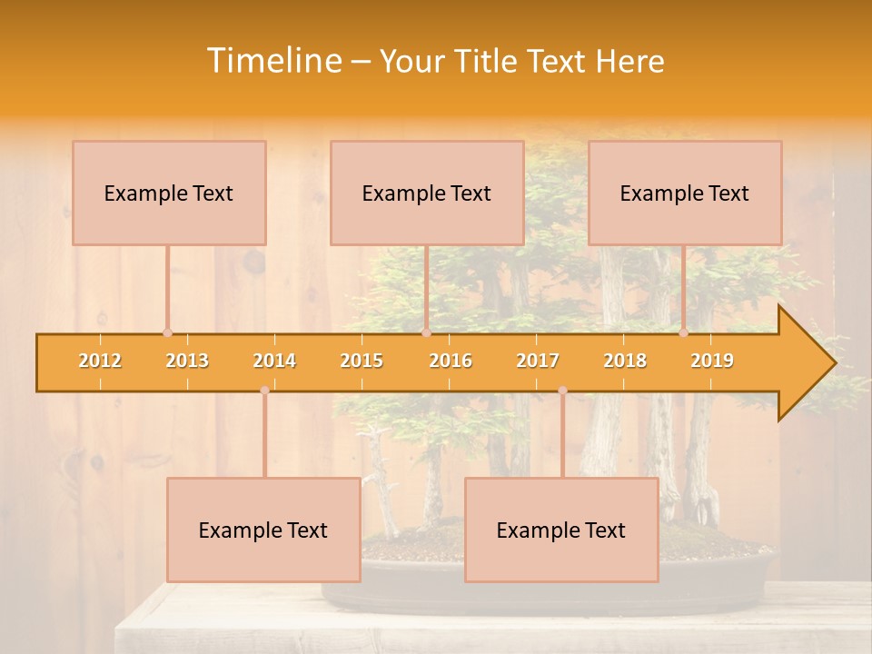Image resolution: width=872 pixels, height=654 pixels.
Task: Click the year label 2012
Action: (100, 362)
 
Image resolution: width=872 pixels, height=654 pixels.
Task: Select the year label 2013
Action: (187, 362)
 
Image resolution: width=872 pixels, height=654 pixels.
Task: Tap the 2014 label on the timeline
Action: (274, 362)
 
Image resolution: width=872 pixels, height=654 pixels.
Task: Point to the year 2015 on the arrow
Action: (362, 362)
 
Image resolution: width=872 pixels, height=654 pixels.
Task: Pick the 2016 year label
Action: (451, 362)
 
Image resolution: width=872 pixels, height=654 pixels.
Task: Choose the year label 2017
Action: (538, 362)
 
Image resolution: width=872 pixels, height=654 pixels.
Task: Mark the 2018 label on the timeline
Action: (625, 362)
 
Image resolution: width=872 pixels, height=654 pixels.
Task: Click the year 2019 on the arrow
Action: (712, 362)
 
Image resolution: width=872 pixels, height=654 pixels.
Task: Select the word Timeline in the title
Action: (272, 61)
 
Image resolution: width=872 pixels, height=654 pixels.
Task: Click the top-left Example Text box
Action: (169, 193)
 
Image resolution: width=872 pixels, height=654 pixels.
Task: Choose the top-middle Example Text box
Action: (427, 193)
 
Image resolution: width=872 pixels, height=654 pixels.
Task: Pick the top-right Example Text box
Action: (685, 193)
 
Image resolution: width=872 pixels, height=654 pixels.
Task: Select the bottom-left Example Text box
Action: (263, 530)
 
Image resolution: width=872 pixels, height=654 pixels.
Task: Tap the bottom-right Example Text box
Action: (561, 530)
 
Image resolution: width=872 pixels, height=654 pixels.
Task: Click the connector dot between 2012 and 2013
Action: (167, 333)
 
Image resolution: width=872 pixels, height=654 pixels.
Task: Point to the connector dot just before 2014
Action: (264, 390)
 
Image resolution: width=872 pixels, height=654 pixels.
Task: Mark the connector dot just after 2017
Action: (562, 390)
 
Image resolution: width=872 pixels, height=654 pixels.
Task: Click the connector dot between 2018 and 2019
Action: (684, 333)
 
